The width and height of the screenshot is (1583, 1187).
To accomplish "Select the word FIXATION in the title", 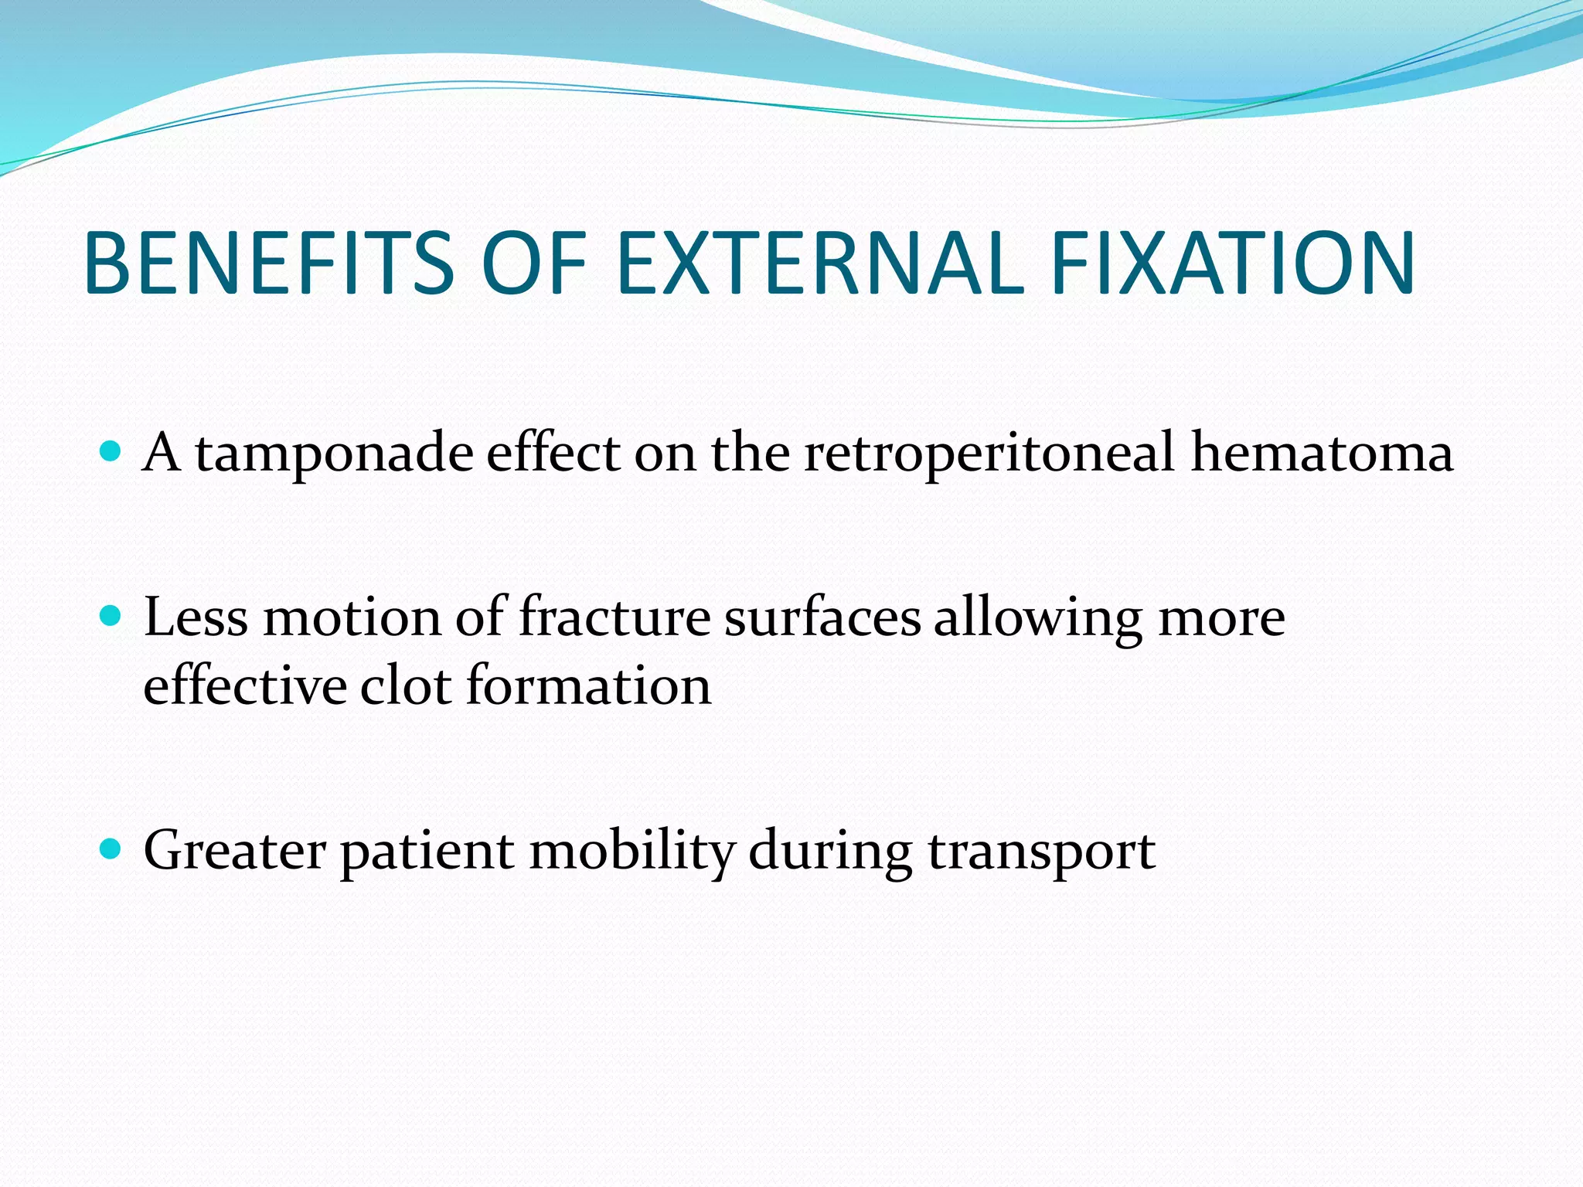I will pyautogui.click(x=1232, y=264).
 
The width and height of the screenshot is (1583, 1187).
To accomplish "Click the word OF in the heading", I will pyautogui.click(x=533, y=264).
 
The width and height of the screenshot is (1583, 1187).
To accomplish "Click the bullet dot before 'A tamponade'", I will pyautogui.click(x=111, y=451).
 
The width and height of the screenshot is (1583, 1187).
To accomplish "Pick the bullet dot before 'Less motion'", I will pyautogui.click(x=111, y=616).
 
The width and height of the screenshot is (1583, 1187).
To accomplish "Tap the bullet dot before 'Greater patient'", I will pyautogui.click(x=111, y=849).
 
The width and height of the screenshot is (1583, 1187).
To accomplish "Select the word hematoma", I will pyautogui.click(x=1321, y=453).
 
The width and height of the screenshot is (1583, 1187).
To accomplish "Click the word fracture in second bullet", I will pyautogui.click(x=614, y=618).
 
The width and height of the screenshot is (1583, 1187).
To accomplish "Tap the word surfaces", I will pyautogui.click(x=822, y=618).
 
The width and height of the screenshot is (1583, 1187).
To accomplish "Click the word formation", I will pyautogui.click(x=588, y=686).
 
